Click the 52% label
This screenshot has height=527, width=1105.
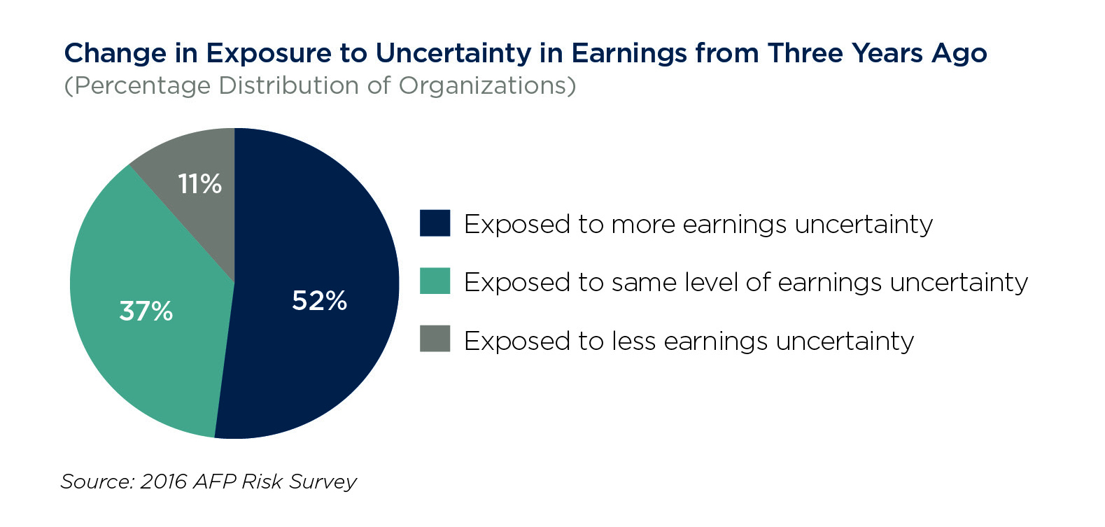pyautogui.click(x=320, y=300)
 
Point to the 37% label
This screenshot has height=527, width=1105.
pyautogui.click(x=146, y=311)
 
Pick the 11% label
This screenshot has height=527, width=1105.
pyautogui.click(x=199, y=184)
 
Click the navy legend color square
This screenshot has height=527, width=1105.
pyautogui.click(x=435, y=223)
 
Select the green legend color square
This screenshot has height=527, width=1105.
pyautogui.click(x=435, y=281)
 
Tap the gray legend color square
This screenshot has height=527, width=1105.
pyautogui.click(x=435, y=339)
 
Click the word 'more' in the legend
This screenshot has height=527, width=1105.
pyautogui.click(x=643, y=225)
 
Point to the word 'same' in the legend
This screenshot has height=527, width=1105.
pyautogui.click(x=643, y=283)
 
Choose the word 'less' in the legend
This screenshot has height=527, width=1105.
pyautogui.click(x=634, y=340)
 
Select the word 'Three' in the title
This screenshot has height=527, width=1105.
pyautogui.click(x=806, y=52)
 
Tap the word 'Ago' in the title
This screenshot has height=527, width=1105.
pyautogui.click(x=959, y=54)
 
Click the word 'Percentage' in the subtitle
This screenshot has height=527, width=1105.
pyautogui.click(x=141, y=86)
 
